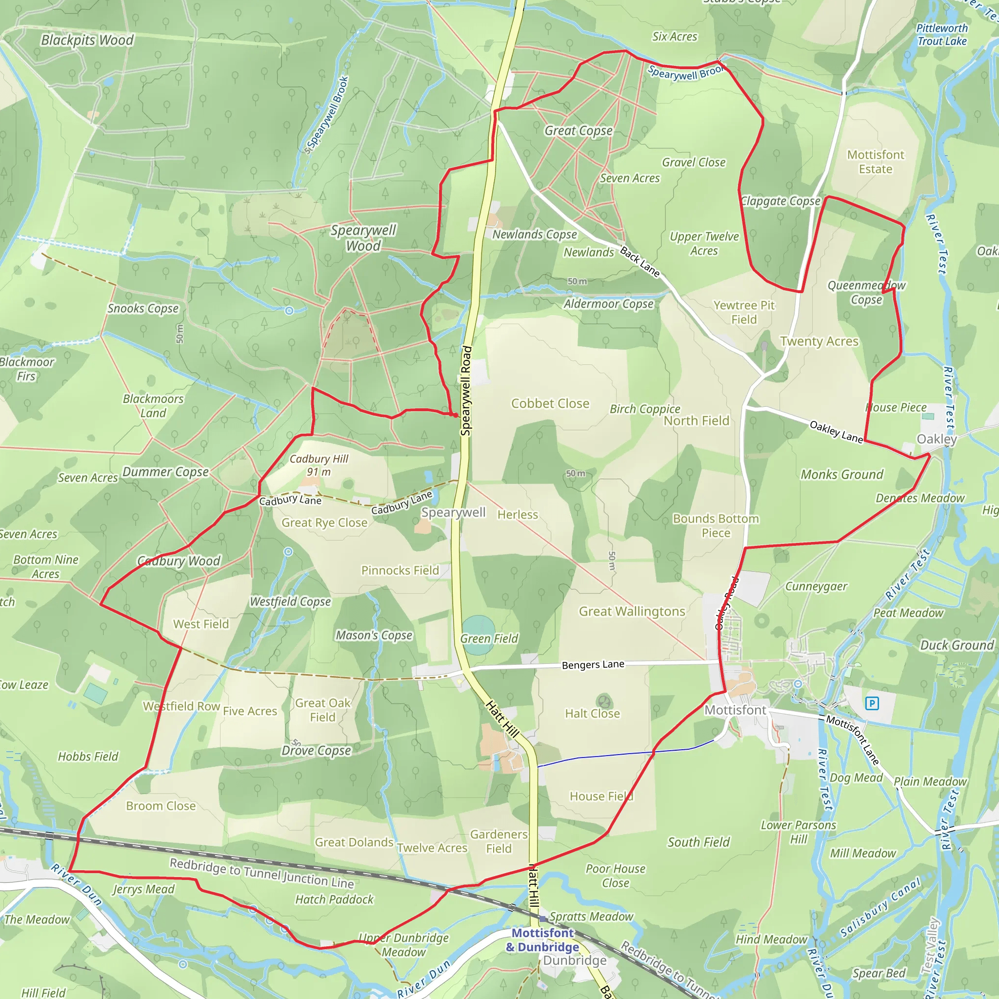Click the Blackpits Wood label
87,40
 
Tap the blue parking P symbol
872,703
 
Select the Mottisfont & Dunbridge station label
542,940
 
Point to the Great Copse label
578,130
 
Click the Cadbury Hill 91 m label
319,465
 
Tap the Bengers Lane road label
593,664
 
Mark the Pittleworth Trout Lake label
941,35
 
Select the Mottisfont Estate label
876,162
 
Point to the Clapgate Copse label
780,200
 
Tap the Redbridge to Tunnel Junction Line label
261,873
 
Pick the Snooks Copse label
143,308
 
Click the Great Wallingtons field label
632,611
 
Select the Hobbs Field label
88,757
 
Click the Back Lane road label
639,261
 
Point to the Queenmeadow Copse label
866,292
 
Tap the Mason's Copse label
374,635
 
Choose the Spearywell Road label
466,390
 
